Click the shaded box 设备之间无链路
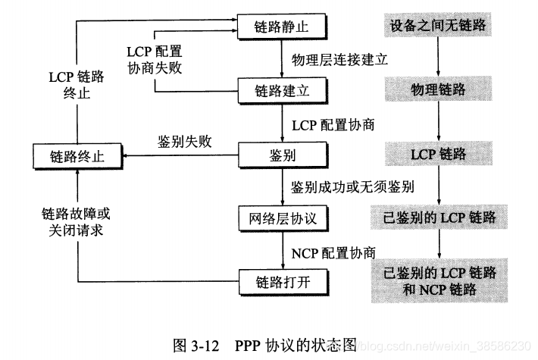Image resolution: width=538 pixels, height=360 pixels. click(x=438, y=25)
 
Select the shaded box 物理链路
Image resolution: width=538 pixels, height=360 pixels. click(x=438, y=89)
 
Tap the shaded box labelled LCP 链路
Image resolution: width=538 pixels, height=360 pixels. click(x=438, y=154)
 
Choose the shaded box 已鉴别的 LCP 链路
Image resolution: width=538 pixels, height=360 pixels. click(x=438, y=218)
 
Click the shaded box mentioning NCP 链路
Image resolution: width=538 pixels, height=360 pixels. click(x=438, y=280)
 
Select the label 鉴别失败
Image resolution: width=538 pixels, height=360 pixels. click(x=184, y=142)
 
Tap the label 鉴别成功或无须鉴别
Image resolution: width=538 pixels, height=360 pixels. click(x=352, y=186)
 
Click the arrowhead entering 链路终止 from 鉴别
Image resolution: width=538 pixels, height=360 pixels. click(x=127, y=157)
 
